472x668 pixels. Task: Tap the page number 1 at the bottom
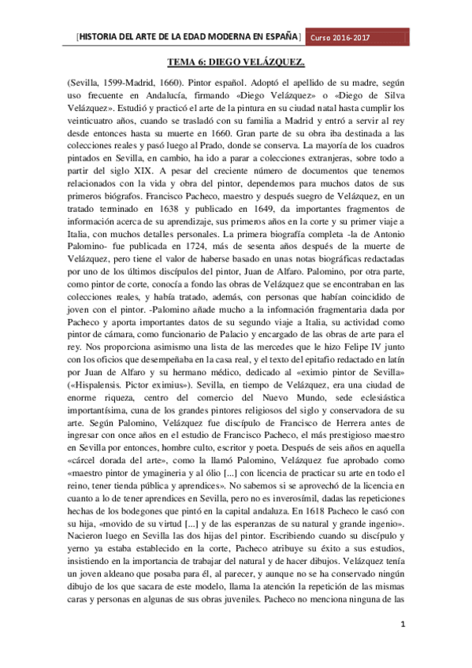click(x=403, y=626)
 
